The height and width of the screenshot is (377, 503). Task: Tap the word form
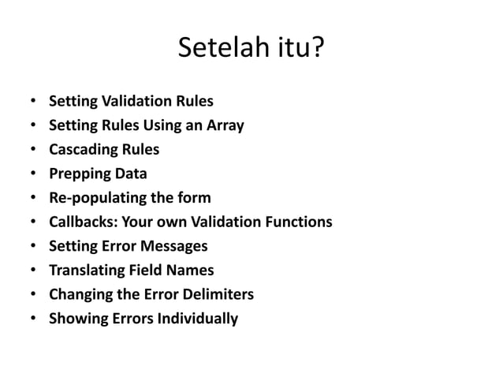click(x=194, y=197)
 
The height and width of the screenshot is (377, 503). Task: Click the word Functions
click(x=297, y=222)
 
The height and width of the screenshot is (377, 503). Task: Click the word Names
click(x=192, y=271)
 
